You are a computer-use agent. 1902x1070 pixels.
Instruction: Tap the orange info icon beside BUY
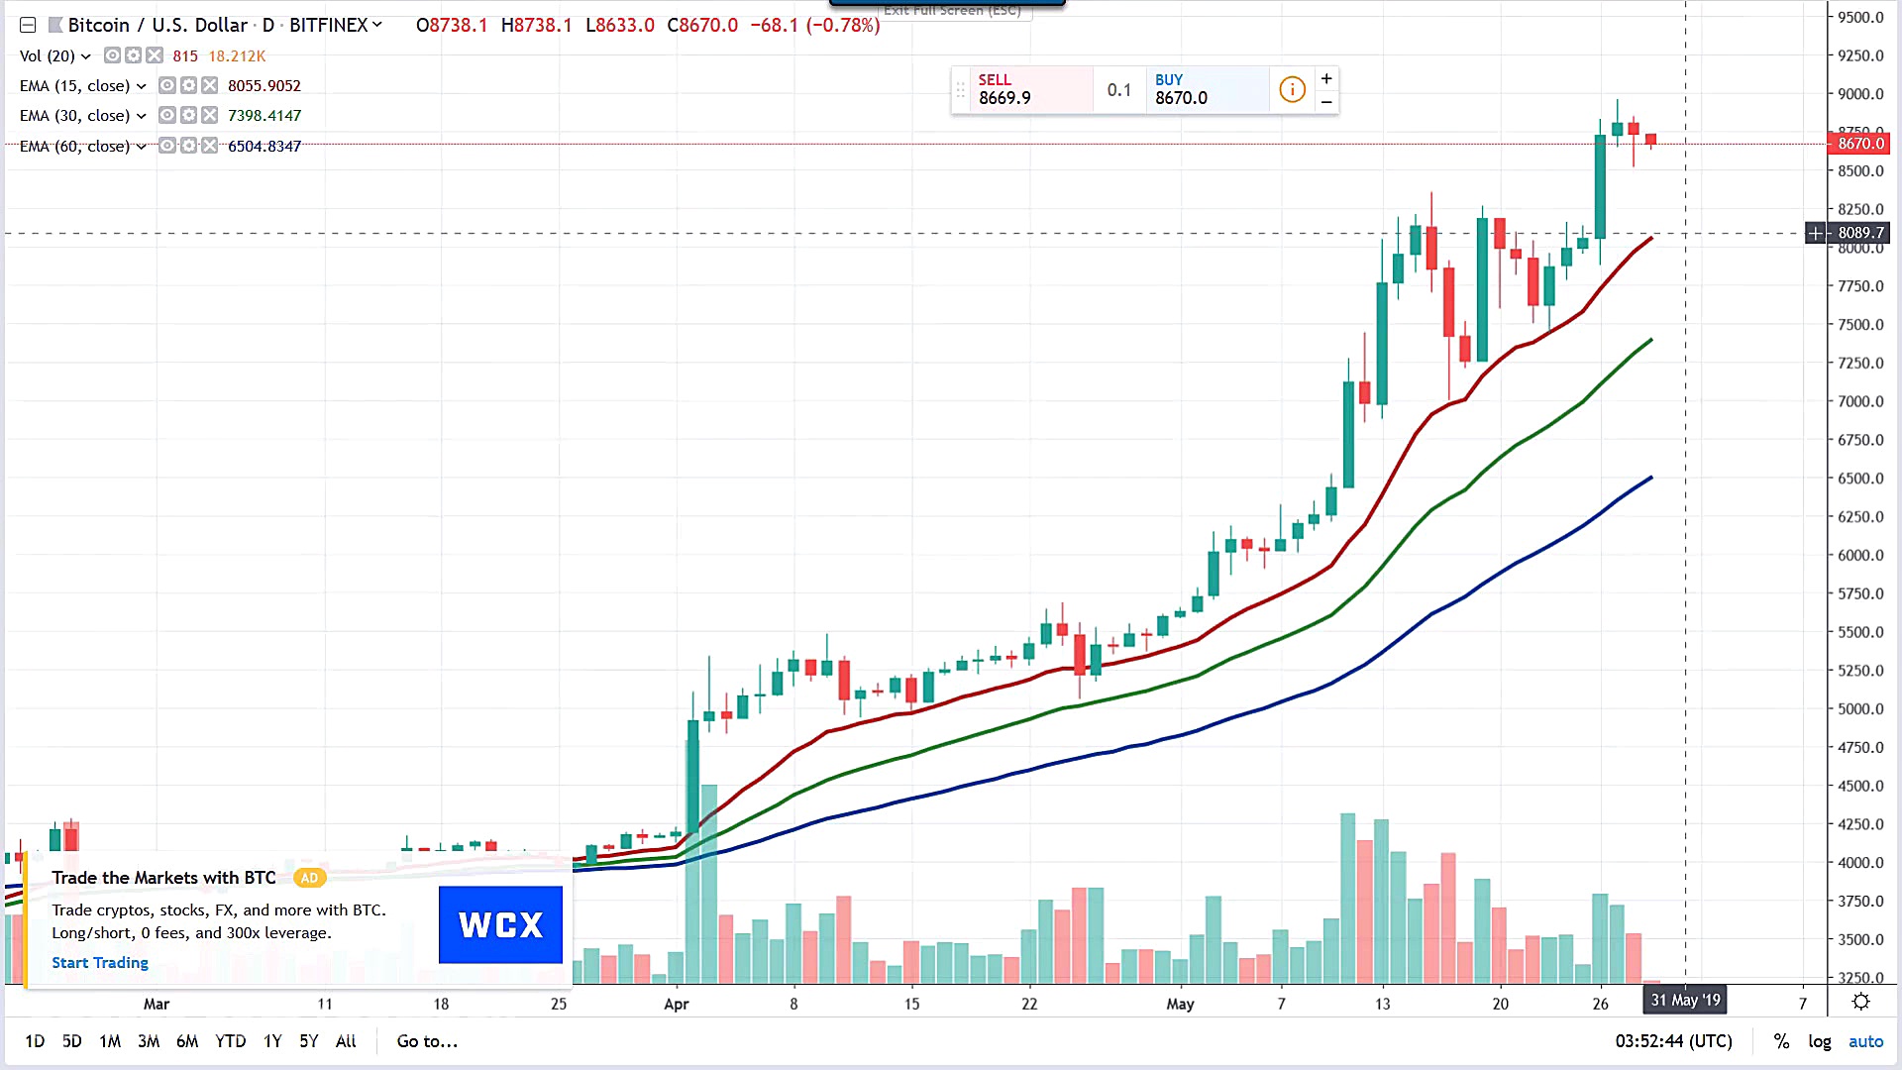(1292, 89)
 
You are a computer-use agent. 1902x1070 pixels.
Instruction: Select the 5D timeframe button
(72, 1041)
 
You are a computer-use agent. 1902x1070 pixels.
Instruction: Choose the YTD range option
(230, 1041)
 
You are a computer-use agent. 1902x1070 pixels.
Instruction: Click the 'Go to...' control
(427, 1041)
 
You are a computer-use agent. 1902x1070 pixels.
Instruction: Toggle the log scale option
(1819, 1041)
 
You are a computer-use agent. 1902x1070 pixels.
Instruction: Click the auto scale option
(1865, 1041)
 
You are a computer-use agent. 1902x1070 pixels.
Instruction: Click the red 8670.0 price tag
(1860, 144)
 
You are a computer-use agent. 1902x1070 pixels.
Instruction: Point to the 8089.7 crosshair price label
(1860, 233)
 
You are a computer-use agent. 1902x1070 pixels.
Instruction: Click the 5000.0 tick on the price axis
(1860, 709)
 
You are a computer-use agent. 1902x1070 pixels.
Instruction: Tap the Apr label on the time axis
(677, 1004)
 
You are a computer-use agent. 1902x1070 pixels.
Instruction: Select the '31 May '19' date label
(1685, 1000)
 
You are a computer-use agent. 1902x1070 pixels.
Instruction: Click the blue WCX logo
(500, 924)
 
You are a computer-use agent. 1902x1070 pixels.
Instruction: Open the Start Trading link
(100, 963)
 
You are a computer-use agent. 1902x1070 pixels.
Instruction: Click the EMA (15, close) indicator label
(75, 86)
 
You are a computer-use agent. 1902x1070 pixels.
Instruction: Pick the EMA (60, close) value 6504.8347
(264, 147)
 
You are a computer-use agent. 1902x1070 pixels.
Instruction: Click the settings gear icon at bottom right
(1861, 1002)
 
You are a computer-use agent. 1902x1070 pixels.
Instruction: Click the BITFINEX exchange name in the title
(329, 25)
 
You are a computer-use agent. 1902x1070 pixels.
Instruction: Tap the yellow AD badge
(309, 878)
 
